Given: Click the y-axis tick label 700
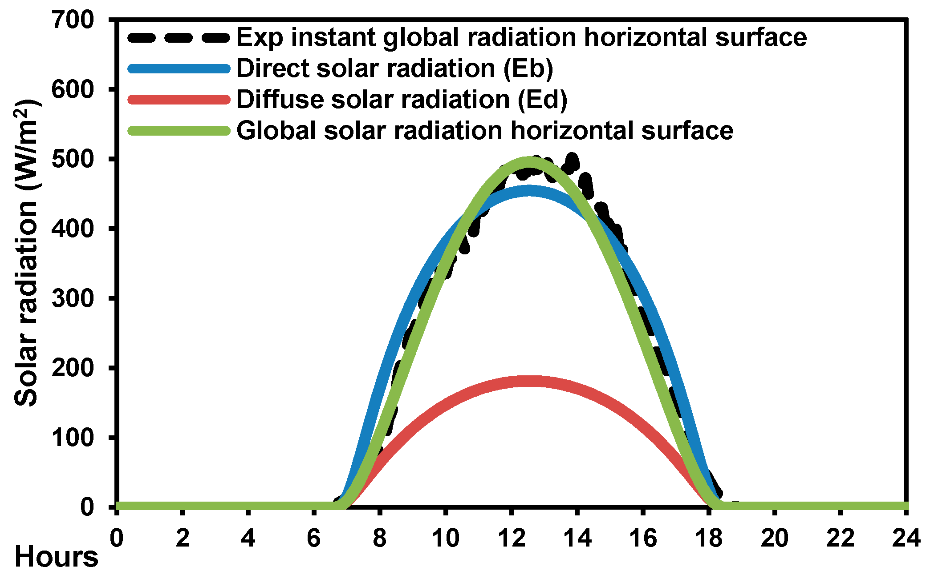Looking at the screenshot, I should coord(73,20).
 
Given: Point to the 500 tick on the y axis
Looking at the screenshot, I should coord(73,159).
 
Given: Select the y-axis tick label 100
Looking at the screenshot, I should coord(73,438).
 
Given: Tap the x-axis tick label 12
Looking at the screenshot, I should coord(512,538).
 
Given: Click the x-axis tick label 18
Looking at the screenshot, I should coord(709,538).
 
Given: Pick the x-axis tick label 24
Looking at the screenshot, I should coord(906,538).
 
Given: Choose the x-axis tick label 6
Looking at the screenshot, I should coord(314,538).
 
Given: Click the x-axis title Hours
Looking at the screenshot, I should coord(56,557).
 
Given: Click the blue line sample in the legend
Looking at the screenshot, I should coord(179,68).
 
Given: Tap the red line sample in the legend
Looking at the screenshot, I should coord(179,99).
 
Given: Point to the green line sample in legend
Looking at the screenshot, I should coord(179,131).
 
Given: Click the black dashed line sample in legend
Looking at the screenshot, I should coord(179,37).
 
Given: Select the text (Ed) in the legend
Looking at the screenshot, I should coord(542,99).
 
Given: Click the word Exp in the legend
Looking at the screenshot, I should coord(260,37).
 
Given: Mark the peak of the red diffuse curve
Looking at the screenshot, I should coord(529,381).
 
